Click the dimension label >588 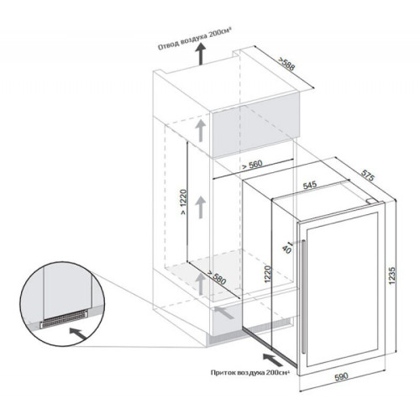[x=286, y=64]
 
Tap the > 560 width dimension [x=252, y=165]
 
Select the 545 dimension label [x=310, y=185]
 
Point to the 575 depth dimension [x=367, y=175]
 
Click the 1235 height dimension [x=392, y=276]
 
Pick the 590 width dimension [x=342, y=376]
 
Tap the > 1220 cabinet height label [x=183, y=202]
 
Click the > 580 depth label [x=216, y=277]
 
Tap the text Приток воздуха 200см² [x=249, y=373]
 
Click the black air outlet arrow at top [x=200, y=55]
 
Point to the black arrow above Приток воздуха [x=272, y=360]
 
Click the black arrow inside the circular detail [x=78, y=333]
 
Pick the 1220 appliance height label [x=268, y=274]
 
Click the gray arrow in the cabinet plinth [x=225, y=313]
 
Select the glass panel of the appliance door [x=343, y=289]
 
